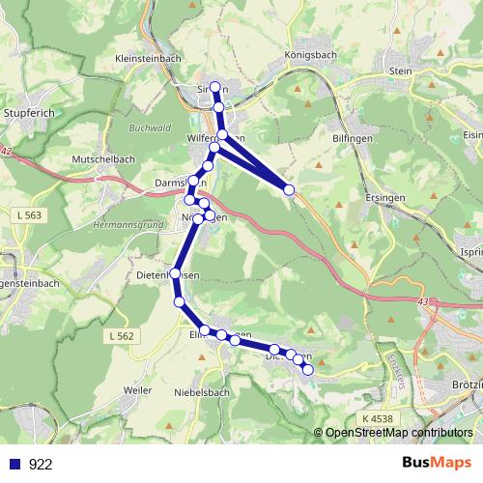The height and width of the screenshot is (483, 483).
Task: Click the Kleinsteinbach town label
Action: click(x=148, y=58)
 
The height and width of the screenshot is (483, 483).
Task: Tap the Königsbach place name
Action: click(x=310, y=55)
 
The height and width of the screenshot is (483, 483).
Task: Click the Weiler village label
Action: click(x=139, y=389)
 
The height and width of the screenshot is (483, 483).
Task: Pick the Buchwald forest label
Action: click(x=150, y=127)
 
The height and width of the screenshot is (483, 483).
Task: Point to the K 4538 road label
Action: click(x=381, y=417)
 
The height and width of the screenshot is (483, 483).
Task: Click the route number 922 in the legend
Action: click(x=41, y=464)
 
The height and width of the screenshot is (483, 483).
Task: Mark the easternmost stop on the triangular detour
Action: click(x=289, y=190)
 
